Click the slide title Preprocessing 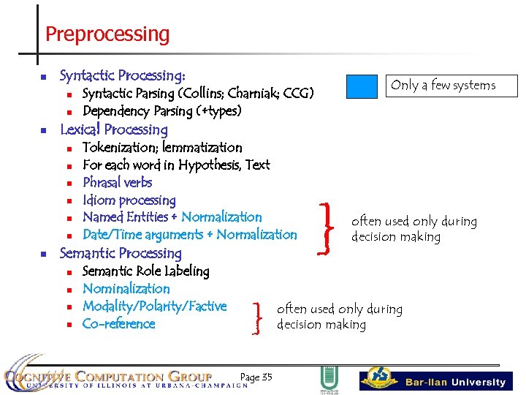pyautogui.click(x=107, y=34)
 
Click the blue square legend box pyautogui.click(x=362, y=86)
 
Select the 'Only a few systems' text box pyautogui.click(x=443, y=86)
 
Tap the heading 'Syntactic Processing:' pyautogui.click(x=122, y=75)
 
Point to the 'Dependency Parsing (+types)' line pyautogui.click(x=161, y=111)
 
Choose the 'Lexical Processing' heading pyautogui.click(x=114, y=129)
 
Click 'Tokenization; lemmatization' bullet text pyautogui.click(x=162, y=147)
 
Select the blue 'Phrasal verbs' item pyautogui.click(x=118, y=182)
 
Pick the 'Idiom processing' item pyautogui.click(x=129, y=200)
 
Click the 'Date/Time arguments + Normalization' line pyautogui.click(x=189, y=235)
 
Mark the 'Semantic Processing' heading pyautogui.click(x=121, y=253)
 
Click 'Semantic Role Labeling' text pyautogui.click(x=145, y=271)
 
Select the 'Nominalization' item pyautogui.click(x=126, y=288)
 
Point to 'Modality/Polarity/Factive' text pyautogui.click(x=154, y=306)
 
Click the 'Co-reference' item pyautogui.click(x=119, y=323)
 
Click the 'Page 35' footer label pyautogui.click(x=256, y=377)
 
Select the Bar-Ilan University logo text pyautogui.click(x=455, y=382)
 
